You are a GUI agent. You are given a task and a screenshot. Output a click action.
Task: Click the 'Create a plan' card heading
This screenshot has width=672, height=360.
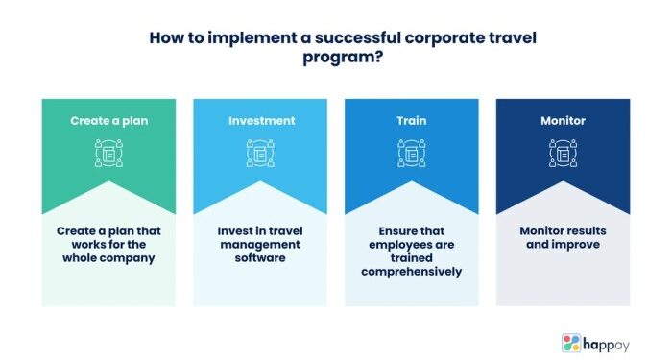(x=108, y=122)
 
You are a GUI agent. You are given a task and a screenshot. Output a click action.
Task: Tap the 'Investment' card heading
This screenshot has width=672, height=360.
(x=260, y=122)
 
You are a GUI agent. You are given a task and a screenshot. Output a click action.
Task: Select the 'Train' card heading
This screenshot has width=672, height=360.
(x=411, y=122)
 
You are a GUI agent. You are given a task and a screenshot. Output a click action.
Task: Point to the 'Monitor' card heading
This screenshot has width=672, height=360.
(x=563, y=122)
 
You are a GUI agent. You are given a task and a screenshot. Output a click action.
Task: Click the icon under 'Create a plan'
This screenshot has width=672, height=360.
(x=108, y=153)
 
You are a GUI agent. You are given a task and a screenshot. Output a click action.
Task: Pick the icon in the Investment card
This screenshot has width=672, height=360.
(x=260, y=153)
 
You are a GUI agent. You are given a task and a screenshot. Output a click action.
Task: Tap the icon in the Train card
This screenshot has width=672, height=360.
(x=411, y=153)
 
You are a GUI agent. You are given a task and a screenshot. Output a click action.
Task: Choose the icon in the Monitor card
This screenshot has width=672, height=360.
(x=563, y=153)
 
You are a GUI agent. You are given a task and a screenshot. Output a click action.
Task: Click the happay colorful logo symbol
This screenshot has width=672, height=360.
(x=571, y=342)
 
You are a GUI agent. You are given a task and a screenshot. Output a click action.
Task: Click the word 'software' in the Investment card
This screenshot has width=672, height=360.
(x=260, y=258)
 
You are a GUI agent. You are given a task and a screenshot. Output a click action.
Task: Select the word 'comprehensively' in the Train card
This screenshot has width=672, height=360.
(x=411, y=272)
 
